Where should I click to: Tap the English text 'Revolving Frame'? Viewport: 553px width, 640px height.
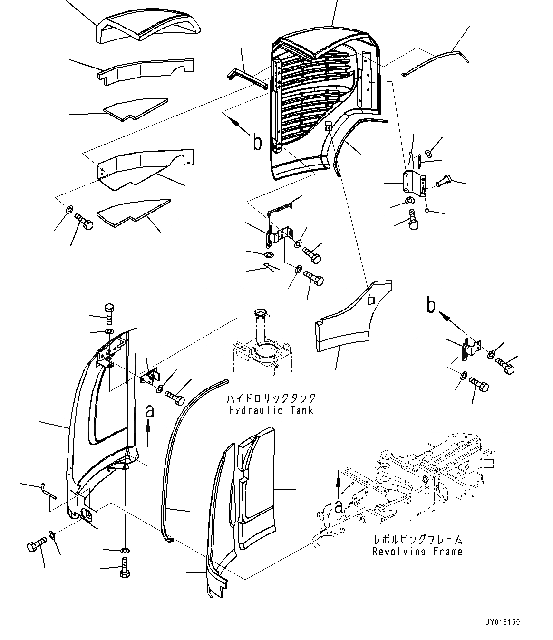[417, 552]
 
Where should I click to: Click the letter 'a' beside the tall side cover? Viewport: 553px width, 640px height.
[150, 411]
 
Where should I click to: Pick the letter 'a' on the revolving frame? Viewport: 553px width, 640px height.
[338, 507]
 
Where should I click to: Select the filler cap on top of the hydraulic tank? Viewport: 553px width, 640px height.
[260, 313]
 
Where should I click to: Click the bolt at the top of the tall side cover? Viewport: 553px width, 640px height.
[109, 311]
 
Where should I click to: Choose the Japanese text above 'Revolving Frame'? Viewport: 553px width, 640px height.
[417, 540]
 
